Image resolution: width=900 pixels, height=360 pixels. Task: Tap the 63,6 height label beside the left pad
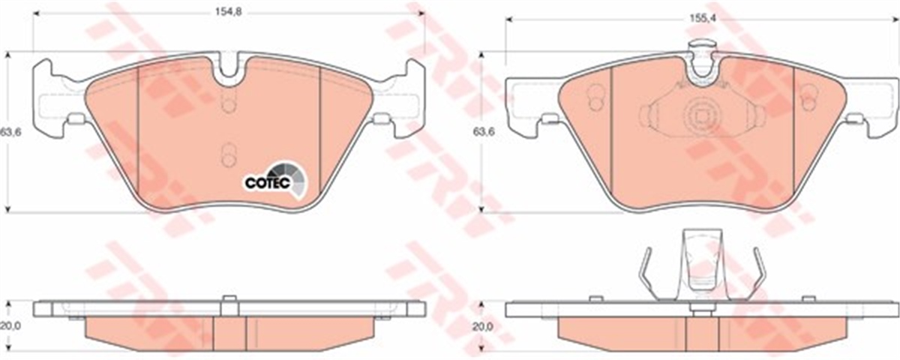(x=10, y=133)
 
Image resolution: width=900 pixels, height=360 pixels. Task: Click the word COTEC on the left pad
(x=262, y=181)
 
